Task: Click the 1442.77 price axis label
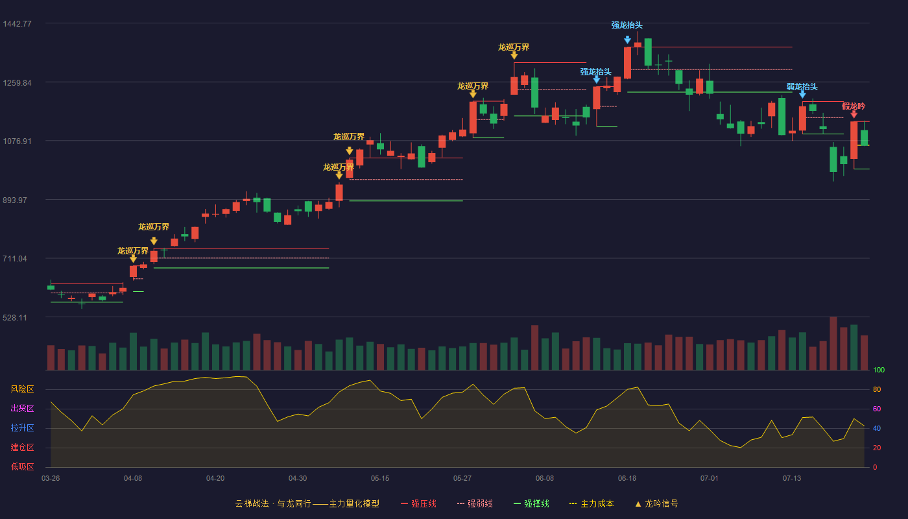click(x=17, y=24)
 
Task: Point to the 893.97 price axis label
click(x=15, y=200)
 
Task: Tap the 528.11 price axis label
click(x=15, y=317)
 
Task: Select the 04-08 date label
click(x=133, y=479)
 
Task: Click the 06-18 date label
click(x=627, y=479)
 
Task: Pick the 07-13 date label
click(x=792, y=479)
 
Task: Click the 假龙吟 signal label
click(x=854, y=106)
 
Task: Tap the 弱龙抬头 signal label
click(x=802, y=87)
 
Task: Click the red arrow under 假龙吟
click(x=854, y=115)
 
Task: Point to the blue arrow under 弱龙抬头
click(x=803, y=95)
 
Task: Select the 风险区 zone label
click(x=22, y=389)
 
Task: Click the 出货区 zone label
click(x=22, y=408)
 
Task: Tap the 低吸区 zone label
click(x=22, y=466)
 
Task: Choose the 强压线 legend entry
click(x=418, y=503)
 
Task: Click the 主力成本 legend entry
click(x=591, y=503)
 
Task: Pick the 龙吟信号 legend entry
click(x=656, y=503)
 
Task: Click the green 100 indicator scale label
click(x=879, y=370)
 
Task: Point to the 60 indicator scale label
click(x=877, y=409)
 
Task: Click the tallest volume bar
click(x=833, y=343)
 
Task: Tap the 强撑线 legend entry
click(x=531, y=503)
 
